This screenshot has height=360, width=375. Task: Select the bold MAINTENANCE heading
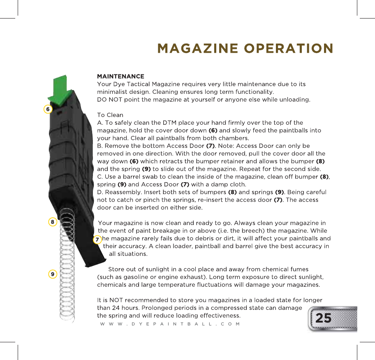[120, 77]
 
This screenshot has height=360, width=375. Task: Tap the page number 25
[323, 318]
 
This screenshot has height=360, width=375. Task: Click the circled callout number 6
[48, 109]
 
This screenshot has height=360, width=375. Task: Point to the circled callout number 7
[97, 239]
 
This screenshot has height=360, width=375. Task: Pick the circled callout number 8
[52, 222]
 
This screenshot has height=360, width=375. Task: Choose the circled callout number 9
[52, 274]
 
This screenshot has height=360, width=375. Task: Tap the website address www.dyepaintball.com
[170, 324]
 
